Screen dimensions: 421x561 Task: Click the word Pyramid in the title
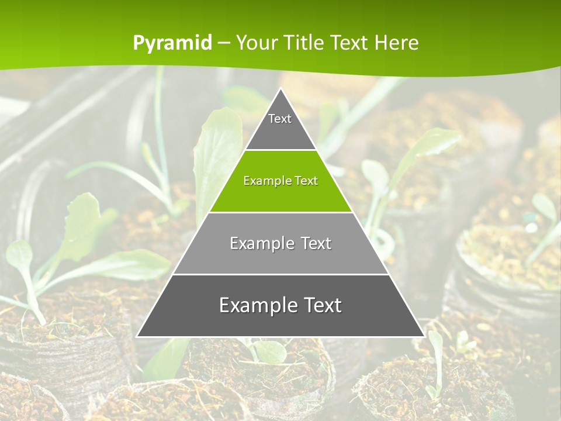172,43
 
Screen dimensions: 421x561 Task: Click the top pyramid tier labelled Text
280,126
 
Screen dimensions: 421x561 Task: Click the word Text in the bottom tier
318,305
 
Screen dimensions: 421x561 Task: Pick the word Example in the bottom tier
254,305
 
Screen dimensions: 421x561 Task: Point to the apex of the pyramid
280,89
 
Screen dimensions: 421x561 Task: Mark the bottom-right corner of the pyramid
424,336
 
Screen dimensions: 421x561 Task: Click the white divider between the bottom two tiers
280,274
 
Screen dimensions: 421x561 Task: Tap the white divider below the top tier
280,150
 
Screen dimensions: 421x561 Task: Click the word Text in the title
351,43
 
